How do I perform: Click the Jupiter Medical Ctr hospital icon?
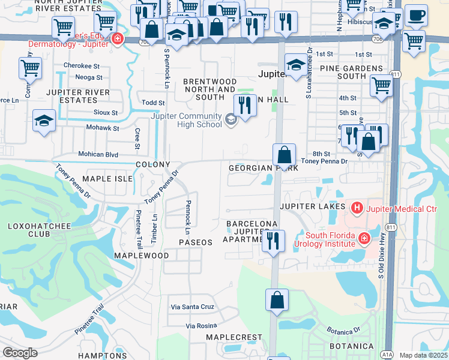pyautogui.click(x=357, y=208)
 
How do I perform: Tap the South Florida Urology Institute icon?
pyautogui.click(x=364, y=239)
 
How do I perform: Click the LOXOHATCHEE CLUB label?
pyautogui.click(x=28, y=230)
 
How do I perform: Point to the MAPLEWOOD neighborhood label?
pyautogui.click(x=142, y=256)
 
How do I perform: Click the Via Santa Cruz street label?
pyautogui.click(x=193, y=307)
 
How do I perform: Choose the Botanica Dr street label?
pyautogui.click(x=343, y=331)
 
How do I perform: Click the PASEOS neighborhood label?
pyautogui.click(x=196, y=242)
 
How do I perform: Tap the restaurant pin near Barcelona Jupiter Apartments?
pyautogui.click(x=273, y=241)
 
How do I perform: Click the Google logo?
pyautogui.click(x=20, y=353)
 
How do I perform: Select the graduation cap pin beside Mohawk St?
pyautogui.click(x=44, y=121)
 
